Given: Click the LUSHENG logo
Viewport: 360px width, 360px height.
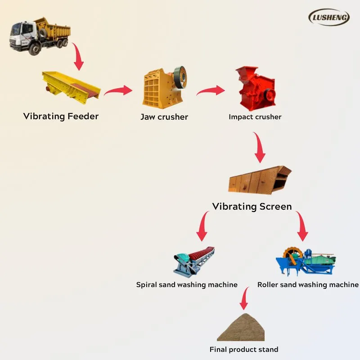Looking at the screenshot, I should tap(329, 17).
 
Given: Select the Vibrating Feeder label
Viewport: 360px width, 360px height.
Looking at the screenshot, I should tap(61, 117).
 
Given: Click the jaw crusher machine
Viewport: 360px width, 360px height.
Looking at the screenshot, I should tap(164, 86).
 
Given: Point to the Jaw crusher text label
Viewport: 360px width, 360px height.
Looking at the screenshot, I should tap(164, 117).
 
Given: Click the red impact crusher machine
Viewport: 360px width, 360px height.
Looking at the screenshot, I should tap(256, 88).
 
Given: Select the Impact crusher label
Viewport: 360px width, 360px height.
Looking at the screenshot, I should tap(255, 117).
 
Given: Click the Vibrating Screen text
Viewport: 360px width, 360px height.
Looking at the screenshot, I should tap(252, 207).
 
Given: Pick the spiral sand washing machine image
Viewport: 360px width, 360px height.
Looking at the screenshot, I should tap(193, 261).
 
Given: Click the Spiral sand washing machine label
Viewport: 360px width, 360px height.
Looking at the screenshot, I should tap(187, 285).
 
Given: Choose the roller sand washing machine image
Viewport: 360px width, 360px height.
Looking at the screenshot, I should tap(306, 261).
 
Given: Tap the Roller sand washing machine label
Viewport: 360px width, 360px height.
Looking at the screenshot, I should tap(308, 285).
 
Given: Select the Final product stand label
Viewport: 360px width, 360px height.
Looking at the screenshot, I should tap(244, 350).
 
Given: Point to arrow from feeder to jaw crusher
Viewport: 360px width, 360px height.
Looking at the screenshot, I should tap(118, 91).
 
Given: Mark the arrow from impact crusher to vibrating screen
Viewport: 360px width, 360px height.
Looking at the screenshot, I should tap(259, 148).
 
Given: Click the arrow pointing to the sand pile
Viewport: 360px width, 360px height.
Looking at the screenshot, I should tap(244, 299).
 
